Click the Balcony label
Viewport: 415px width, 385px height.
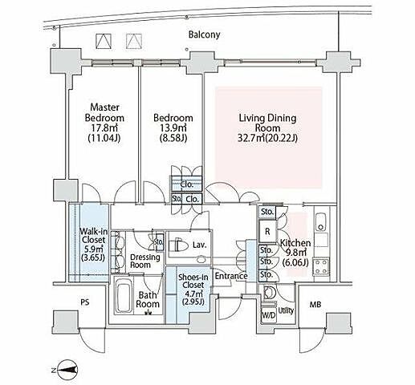(204, 34)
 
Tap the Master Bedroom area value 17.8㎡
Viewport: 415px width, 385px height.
(104, 128)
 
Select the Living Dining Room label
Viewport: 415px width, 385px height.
(267, 123)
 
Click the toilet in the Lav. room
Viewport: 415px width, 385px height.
(177, 245)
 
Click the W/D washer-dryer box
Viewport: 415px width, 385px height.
(269, 315)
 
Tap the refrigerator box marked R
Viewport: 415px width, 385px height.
(267, 231)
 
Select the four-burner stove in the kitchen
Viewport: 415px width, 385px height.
(321, 267)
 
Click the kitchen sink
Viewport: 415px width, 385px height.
(321, 222)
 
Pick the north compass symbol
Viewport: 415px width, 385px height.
(68, 370)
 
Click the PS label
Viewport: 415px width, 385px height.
(85, 302)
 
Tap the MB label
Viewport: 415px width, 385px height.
(315, 304)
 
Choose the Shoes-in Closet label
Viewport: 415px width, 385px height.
(193, 281)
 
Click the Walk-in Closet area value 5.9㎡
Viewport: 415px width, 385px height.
(93, 249)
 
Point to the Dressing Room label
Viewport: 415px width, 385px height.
(144, 261)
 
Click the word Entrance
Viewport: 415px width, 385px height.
(231, 276)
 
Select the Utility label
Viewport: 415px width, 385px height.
(286, 310)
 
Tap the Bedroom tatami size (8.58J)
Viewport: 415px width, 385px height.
(173, 138)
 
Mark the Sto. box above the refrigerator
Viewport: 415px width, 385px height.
(267, 212)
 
